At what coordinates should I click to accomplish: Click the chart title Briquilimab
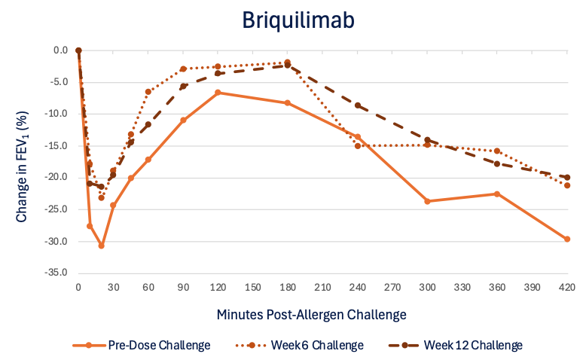pos(291,20)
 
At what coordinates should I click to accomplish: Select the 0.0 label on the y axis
pos(61,50)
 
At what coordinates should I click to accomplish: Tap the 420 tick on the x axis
pos(567,288)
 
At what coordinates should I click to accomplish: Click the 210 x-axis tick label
pos(322,288)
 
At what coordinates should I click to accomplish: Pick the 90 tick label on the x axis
pos(183,288)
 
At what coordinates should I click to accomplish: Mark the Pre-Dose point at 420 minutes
pos(567,239)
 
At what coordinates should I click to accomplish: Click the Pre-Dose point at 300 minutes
pos(427,201)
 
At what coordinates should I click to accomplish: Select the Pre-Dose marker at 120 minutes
pos(218,93)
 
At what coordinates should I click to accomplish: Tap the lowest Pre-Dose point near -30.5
pos(101,246)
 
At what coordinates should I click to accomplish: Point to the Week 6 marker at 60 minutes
pos(148,92)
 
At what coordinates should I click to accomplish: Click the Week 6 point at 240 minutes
pos(358,145)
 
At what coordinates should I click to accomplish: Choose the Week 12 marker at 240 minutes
pos(358,105)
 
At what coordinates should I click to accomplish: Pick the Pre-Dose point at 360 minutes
pos(497,194)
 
